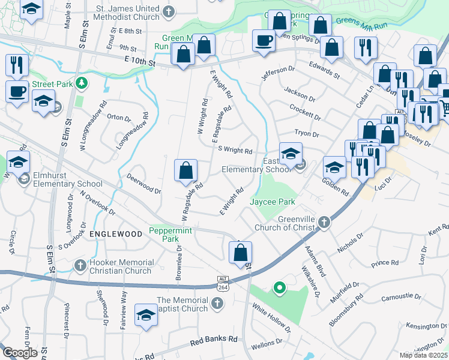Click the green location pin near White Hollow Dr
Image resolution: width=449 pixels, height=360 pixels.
[x=279, y=289]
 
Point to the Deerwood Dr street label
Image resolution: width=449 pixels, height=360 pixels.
[x=144, y=184]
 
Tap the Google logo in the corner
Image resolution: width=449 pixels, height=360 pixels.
[x=20, y=353]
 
